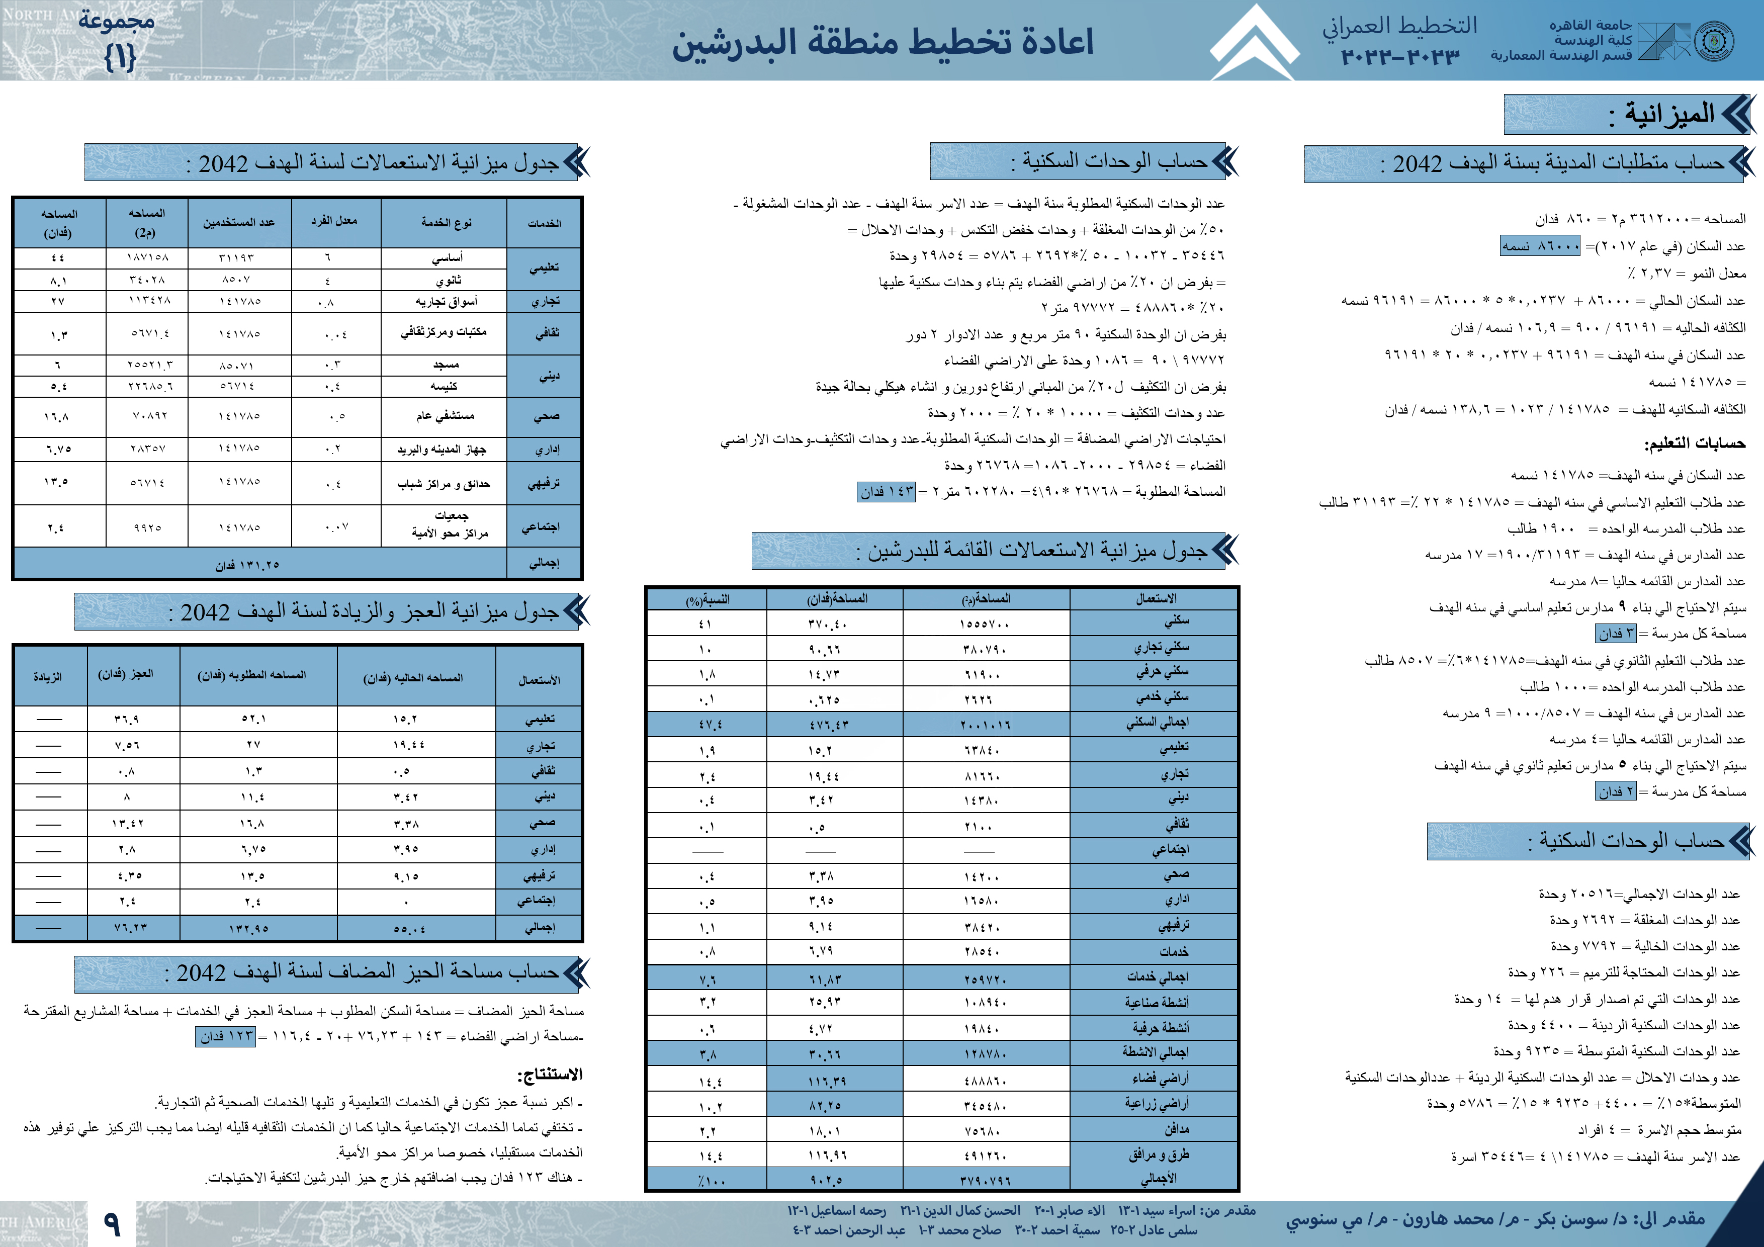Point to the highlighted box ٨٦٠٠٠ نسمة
[1540, 246]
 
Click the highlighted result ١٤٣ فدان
[886, 492]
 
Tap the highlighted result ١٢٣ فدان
[226, 1036]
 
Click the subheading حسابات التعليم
[1694, 443]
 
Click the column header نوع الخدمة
[446, 223]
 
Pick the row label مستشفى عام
[445, 416]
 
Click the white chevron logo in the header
[1254, 42]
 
